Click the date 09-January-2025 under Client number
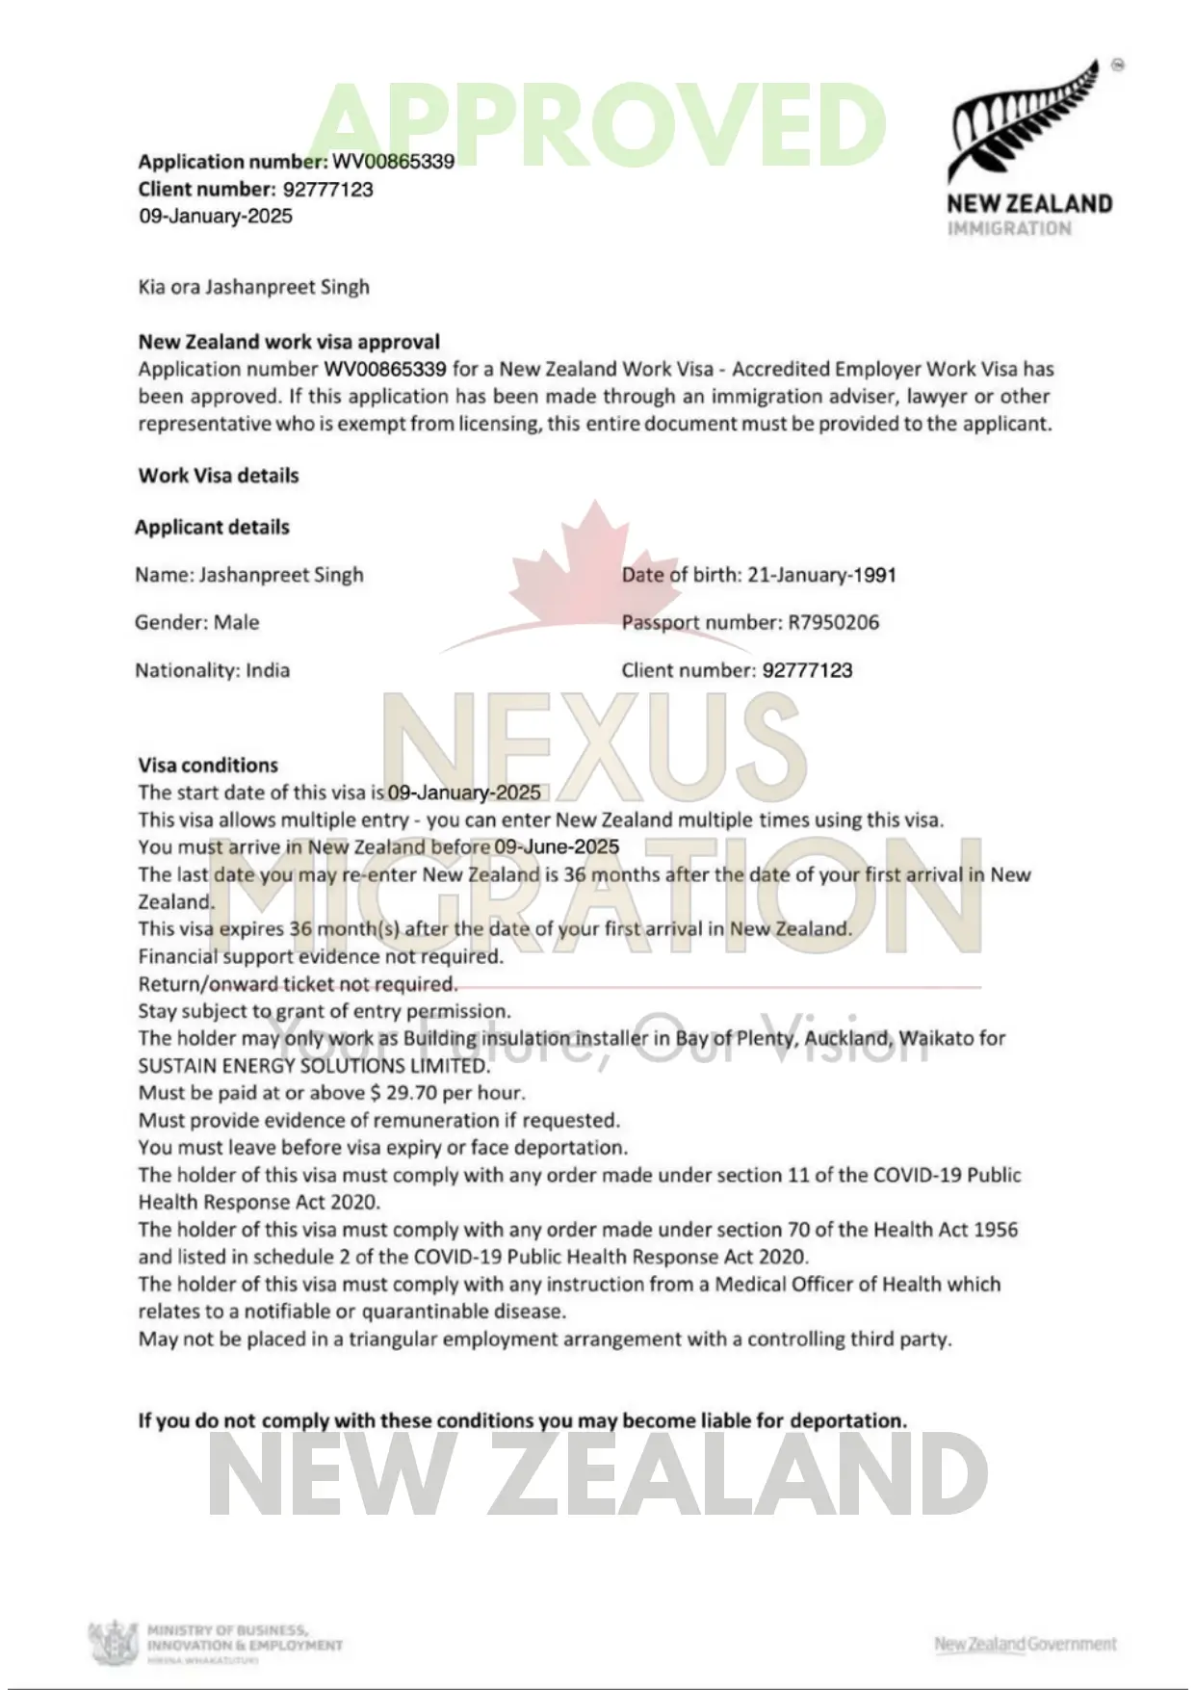point(216,216)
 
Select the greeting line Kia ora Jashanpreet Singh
point(253,287)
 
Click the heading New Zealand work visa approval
point(289,342)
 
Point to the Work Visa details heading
point(219,476)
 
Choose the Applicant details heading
point(212,527)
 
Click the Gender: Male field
point(197,622)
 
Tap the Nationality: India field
point(212,670)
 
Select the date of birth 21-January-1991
point(821,575)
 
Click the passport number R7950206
point(833,622)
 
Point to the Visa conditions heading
point(208,766)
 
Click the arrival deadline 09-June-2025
point(557,847)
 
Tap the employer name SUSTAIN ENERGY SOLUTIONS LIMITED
point(314,1066)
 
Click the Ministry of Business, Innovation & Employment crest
point(114,1642)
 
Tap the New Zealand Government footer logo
point(1025,1644)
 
